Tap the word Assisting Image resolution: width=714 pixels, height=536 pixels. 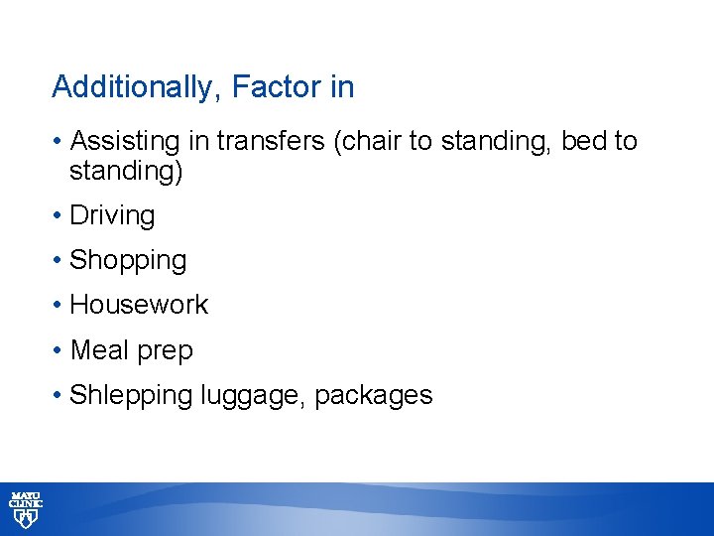[125, 142]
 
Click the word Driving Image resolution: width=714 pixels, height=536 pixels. [112, 215]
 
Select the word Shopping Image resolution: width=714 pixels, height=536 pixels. [128, 260]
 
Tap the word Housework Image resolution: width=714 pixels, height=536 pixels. [139, 305]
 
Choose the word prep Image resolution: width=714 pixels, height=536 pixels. [168, 351]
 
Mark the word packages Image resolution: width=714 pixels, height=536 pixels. [374, 396]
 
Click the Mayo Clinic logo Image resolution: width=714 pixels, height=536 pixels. [27, 509]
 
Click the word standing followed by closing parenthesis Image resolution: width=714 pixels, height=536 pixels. [126, 171]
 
